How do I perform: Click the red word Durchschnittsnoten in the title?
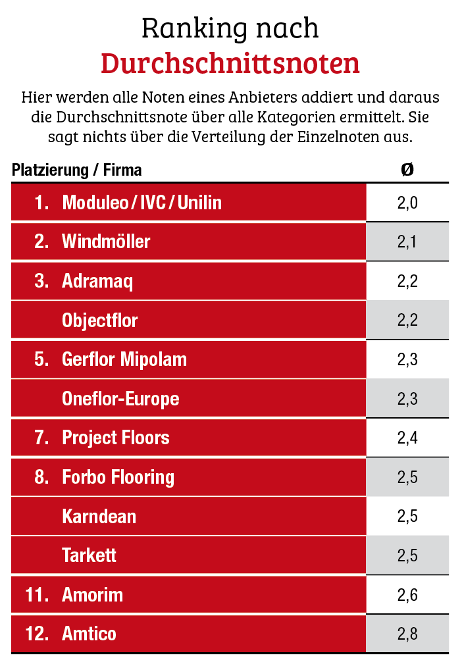[x=230, y=63]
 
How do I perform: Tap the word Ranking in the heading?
[x=188, y=28]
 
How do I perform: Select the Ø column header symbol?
[x=407, y=170]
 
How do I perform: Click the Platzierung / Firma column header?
[x=76, y=170]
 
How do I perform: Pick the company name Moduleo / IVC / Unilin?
[x=141, y=203]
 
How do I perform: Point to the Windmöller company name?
[x=106, y=242]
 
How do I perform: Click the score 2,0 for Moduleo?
[x=407, y=203]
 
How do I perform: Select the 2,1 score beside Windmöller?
[x=407, y=242]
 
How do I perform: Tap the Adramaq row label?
[x=97, y=281]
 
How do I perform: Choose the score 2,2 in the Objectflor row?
[x=407, y=320]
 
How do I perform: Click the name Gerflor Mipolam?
[x=124, y=359]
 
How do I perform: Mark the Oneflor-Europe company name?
[x=120, y=399]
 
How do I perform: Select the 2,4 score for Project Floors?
[x=407, y=438]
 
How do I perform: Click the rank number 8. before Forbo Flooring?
[x=42, y=477]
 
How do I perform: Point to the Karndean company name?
[x=99, y=516]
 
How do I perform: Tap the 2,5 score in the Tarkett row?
[x=407, y=555]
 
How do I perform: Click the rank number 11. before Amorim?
[x=38, y=595]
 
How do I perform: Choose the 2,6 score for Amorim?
[x=407, y=595]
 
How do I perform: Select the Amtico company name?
[x=89, y=634]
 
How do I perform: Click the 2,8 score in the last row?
[x=407, y=634]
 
